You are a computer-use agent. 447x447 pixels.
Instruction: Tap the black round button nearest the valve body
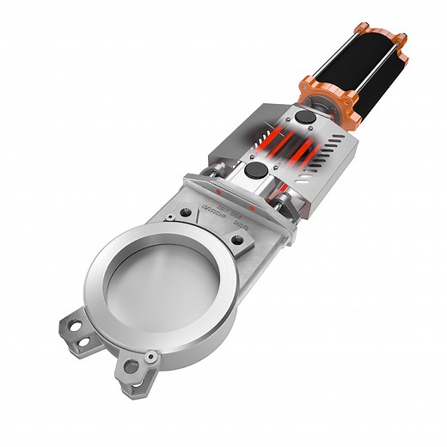pyautogui.click(x=255, y=172)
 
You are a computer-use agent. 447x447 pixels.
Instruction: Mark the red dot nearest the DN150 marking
pyautogui.click(x=251, y=209)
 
